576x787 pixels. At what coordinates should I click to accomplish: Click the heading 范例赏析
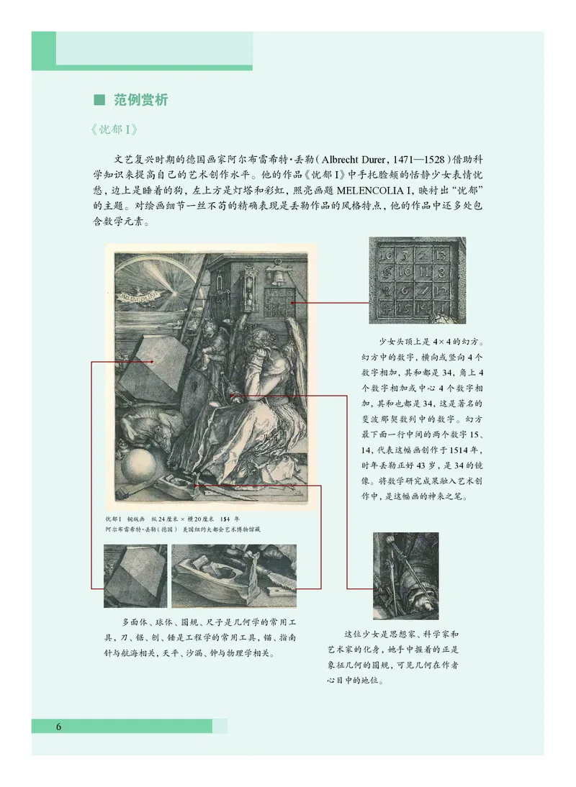point(141,100)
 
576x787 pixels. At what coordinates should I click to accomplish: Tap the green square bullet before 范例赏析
point(100,100)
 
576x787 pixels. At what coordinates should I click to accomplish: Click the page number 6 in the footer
point(58,726)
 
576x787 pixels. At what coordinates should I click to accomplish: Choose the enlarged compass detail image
point(405,576)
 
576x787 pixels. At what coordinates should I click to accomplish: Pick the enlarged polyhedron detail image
point(135,575)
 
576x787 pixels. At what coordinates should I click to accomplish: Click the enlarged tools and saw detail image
point(234,576)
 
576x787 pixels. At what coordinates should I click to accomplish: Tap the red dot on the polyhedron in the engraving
point(154,363)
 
